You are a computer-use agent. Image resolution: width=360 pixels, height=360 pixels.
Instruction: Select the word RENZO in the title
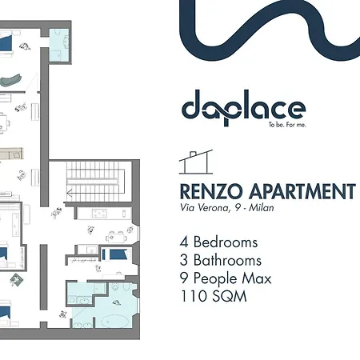coord(208,193)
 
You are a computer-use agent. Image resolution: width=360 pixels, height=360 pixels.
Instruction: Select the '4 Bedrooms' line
coord(220,242)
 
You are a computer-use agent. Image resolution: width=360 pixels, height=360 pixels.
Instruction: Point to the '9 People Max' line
coord(226,279)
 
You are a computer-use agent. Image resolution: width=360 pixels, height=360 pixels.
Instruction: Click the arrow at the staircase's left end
coord(71,192)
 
